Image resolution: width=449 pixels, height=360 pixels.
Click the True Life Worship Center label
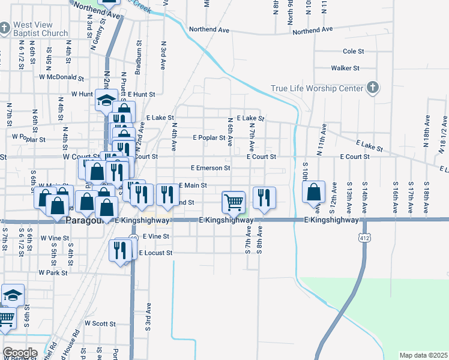[317, 88]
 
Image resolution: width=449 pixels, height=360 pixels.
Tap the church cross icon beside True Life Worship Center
[372, 88]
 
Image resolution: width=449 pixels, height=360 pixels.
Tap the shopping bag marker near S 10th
[314, 193]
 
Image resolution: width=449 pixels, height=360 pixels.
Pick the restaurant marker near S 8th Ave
[264, 197]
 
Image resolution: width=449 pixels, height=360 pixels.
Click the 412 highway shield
[364, 238]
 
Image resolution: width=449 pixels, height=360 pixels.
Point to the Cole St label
[353, 52]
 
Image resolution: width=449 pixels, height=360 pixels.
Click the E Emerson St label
[210, 169]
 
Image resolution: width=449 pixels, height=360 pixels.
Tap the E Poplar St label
[208, 137]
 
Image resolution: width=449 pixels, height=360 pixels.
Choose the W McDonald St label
[62, 77]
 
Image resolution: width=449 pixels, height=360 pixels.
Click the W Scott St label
[100, 323]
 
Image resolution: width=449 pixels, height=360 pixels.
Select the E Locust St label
[155, 253]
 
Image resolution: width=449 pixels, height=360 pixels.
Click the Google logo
[19, 352]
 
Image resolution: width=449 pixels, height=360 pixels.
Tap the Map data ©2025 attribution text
[423, 355]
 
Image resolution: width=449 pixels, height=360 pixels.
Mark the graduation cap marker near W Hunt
[106, 100]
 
